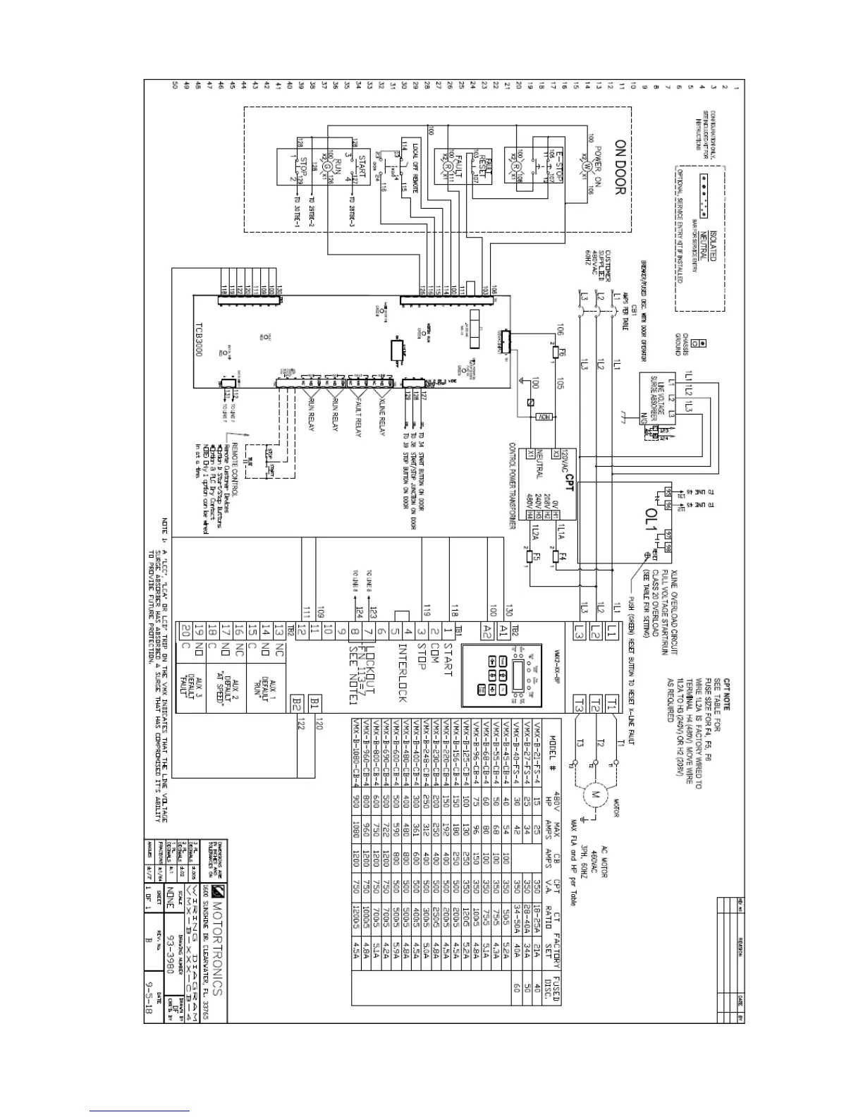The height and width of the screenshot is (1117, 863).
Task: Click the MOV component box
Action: click(543, 417)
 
